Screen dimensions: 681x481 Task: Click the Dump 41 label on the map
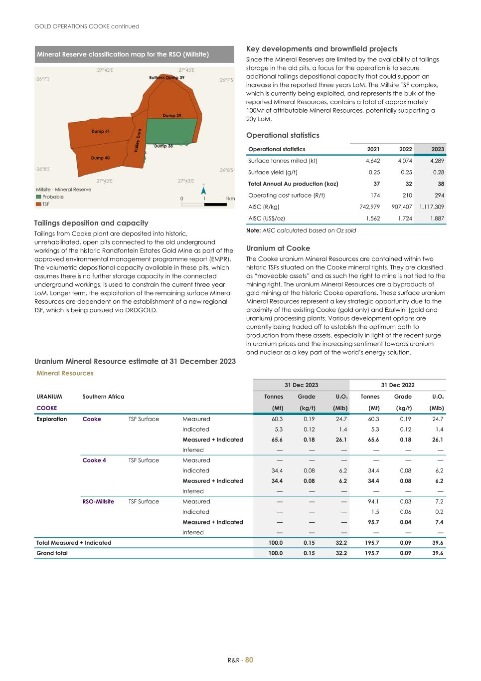100,131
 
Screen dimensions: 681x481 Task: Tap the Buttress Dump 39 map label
166,78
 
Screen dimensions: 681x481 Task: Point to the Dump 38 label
163,146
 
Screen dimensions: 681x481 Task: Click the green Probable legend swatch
38,197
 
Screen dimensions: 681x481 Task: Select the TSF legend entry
45,204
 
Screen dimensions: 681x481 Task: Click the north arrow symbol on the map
203,190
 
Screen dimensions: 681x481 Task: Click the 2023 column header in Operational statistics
437,149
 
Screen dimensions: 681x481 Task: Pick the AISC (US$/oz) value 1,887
436,219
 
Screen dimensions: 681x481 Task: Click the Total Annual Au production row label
293,184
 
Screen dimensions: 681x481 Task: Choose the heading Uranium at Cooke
278,248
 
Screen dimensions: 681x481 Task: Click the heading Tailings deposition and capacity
91,223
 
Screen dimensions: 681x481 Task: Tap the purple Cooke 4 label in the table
94,460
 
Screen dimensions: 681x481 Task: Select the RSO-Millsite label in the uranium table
98,501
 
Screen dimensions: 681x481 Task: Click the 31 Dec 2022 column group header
397,385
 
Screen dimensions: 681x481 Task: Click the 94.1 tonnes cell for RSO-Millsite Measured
372,501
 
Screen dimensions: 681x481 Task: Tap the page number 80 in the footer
249,660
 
